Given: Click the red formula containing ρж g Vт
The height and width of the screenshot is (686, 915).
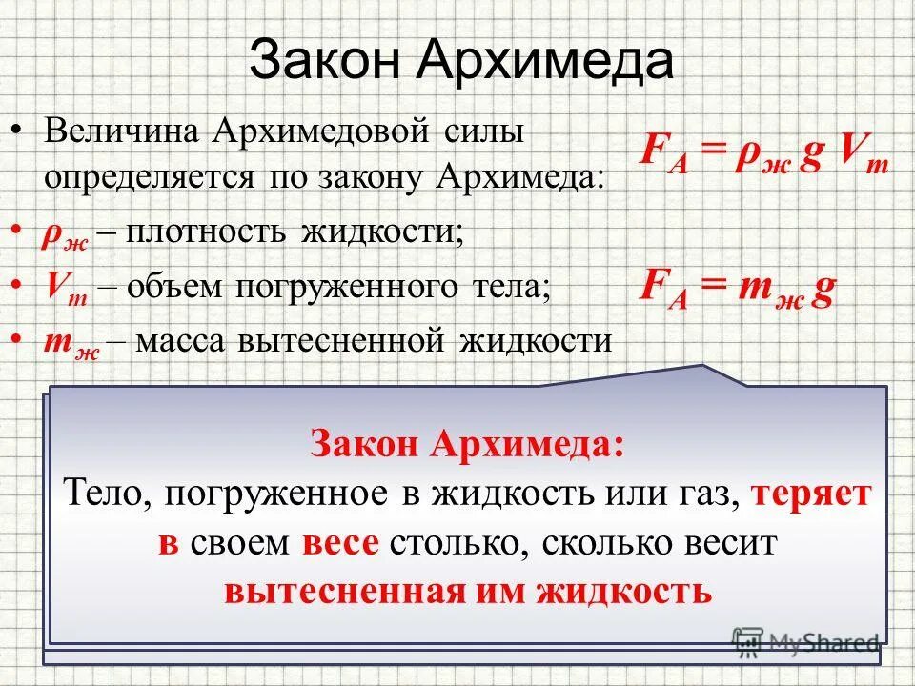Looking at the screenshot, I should coord(763,155).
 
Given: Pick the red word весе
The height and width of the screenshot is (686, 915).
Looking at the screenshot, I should coord(342,543).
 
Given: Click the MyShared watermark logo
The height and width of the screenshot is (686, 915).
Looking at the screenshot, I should coord(805,642).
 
